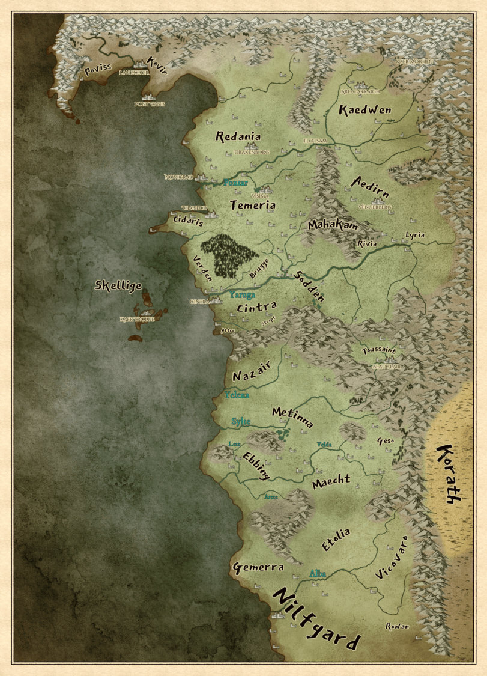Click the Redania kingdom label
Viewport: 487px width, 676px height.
[x=239, y=136]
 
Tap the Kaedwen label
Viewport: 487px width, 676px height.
[x=365, y=109]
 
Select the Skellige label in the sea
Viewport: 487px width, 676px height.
[x=118, y=286]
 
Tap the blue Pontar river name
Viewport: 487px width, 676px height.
[x=235, y=181]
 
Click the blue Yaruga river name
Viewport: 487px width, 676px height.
[x=242, y=295]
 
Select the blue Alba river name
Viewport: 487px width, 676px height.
[x=317, y=574]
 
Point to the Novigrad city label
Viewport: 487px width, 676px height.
[x=179, y=177]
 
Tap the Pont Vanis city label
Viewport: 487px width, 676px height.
[x=150, y=104]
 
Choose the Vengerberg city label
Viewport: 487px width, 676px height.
[x=374, y=207]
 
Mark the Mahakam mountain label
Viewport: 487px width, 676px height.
[x=333, y=225]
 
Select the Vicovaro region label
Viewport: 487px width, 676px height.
[x=391, y=558]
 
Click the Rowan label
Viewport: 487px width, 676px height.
[x=397, y=626]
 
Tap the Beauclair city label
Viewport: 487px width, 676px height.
[x=387, y=366]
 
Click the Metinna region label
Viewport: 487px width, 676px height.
[x=292, y=416]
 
